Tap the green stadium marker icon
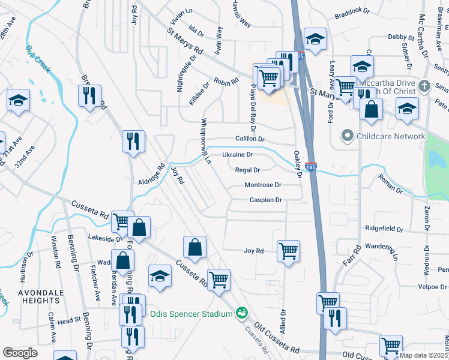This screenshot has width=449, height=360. (241, 313)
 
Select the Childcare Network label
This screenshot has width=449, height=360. (391, 136)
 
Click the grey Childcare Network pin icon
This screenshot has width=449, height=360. (346, 136)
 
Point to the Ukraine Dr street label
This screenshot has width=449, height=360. (238, 155)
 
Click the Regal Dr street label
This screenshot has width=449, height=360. (247, 170)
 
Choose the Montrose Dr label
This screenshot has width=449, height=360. (263, 185)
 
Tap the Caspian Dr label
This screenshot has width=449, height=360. (266, 200)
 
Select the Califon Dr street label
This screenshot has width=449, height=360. (250, 139)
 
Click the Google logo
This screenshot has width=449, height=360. (20, 353)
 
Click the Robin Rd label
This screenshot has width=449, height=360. (226, 81)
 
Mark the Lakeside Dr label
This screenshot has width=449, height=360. (106, 239)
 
